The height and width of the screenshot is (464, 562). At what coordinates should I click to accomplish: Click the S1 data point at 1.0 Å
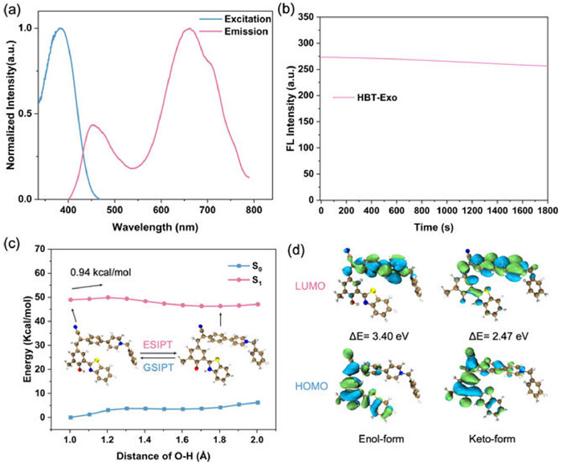(x=70, y=299)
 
